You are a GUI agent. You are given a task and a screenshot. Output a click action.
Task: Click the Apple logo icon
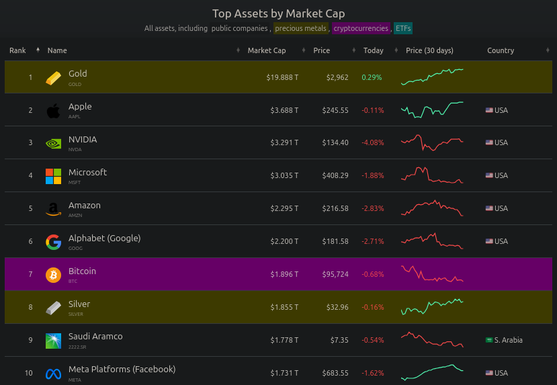pyautogui.click(x=53, y=110)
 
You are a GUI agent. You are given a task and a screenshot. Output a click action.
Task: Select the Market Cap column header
pyautogui.click(x=267, y=50)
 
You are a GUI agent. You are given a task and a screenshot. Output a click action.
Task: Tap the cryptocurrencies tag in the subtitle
pyautogui.click(x=361, y=28)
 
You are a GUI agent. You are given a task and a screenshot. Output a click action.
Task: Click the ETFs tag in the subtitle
pyautogui.click(x=403, y=28)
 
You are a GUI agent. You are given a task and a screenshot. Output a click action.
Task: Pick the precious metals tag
pyautogui.click(x=300, y=28)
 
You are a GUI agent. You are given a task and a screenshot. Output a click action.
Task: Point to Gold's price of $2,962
pyautogui.click(x=337, y=77)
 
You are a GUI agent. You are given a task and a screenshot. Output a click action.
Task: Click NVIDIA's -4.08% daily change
pyautogui.click(x=372, y=142)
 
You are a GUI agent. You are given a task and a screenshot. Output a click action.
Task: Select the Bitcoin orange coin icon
pyautogui.click(x=53, y=275)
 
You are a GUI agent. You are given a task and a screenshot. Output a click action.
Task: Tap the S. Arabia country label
pyautogui.click(x=508, y=340)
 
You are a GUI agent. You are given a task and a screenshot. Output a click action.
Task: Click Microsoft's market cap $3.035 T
pyautogui.click(x=284, y=175)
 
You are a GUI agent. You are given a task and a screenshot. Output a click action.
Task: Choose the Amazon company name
pyautogui.click(x=85, y=206)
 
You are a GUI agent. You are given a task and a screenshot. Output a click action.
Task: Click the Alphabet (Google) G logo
pyautogui.click(x=53, y=242)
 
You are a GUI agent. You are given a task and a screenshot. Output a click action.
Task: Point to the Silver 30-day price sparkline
pyautogui.click(x=432, y=307)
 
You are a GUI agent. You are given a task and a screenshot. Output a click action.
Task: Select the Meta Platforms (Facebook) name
pyautogui.click(x=122, y=370)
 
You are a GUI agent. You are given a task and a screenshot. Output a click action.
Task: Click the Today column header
pyautogui.click(x=373, y=50)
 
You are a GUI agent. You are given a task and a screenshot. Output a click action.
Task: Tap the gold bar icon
pyautogui.click(x=53, y=77)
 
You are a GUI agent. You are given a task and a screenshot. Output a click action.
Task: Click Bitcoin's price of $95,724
pyautogui.click(x=336, y=274)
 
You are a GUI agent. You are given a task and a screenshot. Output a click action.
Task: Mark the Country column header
pyautogui.click(x=501, y=50)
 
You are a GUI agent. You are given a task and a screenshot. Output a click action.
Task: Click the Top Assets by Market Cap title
pyautogui.click(x=278, y=13)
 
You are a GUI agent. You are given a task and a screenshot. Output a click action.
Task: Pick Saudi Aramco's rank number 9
pyautogui.click(x=30, y=340)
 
